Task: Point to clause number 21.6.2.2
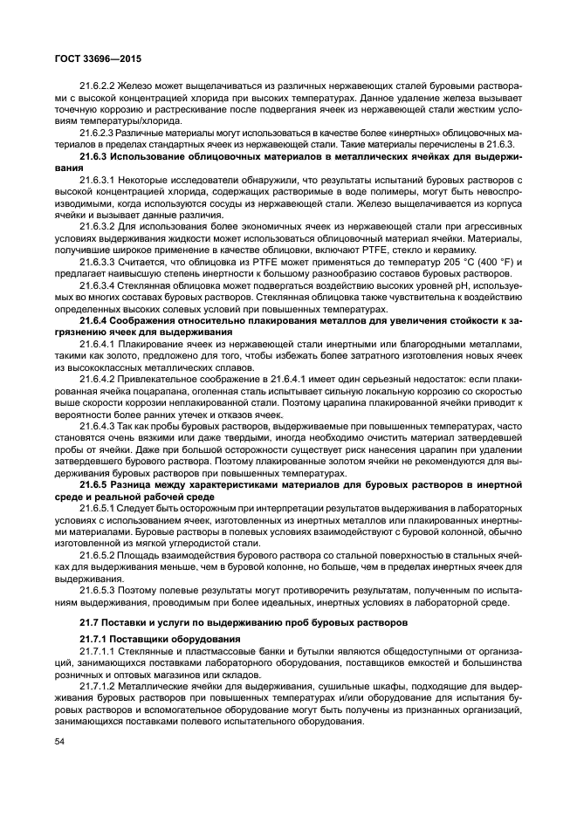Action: tap(101, 86)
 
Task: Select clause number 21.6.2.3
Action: tap(101, 132)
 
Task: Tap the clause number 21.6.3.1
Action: tap(101, 178)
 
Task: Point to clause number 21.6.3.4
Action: tap(101, 285)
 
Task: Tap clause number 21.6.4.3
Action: tap(101, 425)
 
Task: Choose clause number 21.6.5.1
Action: tap(101, 507)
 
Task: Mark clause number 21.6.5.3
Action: tap(101, 589)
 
